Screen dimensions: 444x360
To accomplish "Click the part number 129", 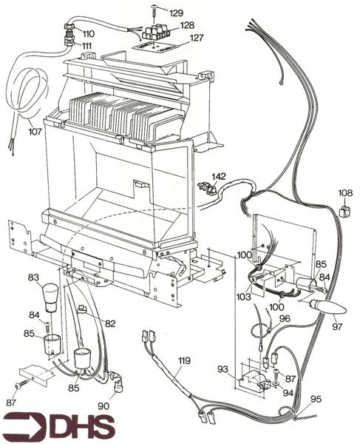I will pyautogui.click(x=177, y=13).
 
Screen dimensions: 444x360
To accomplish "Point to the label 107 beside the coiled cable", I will pyautogui.click(x=35, y=134).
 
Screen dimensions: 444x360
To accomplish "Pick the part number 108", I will pyautogui.click(x=345, y=193).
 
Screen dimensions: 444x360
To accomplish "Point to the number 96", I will pyautogui.click(x=285, y=319).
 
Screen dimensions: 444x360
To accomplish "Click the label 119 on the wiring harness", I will pyautogui.click(x=183, y=360).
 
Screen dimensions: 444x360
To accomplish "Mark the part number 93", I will pyautogui.click(x=223, y=369).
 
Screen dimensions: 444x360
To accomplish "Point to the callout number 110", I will pyautogui.click(x=88, y=34).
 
